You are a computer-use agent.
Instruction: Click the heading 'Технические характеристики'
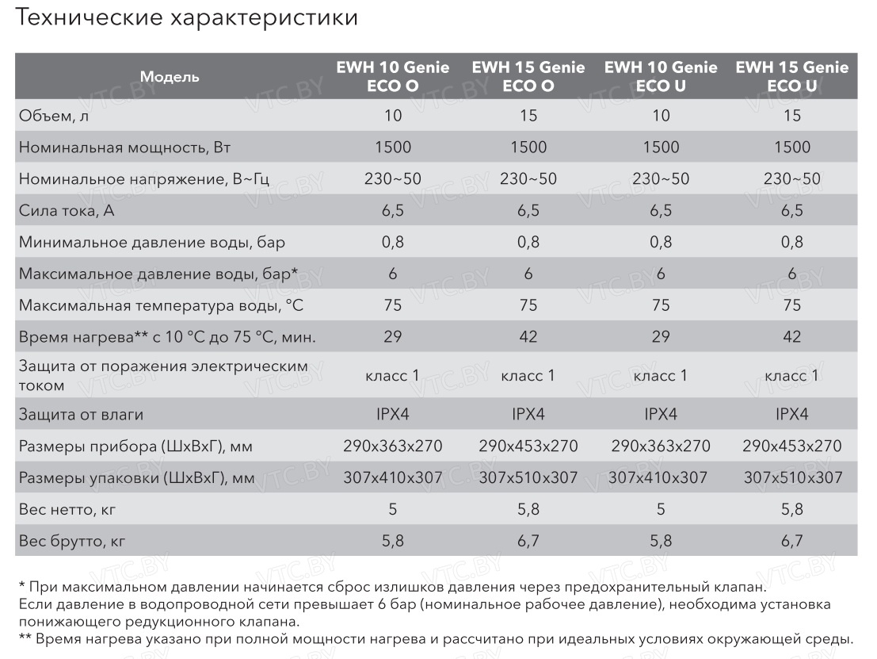187,18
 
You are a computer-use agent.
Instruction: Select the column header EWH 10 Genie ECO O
393,77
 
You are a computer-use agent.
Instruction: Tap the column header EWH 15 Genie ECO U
791,77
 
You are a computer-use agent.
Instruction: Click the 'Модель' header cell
170,77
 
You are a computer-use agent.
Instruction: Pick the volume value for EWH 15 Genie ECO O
528,116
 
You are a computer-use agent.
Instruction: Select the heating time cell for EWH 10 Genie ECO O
393,337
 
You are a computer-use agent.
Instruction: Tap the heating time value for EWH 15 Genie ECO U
791,337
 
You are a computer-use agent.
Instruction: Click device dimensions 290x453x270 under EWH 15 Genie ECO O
528,446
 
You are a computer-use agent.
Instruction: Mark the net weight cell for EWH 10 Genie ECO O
393,509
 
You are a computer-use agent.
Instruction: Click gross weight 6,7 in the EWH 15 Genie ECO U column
791,542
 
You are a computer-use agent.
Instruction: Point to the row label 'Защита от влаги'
81,415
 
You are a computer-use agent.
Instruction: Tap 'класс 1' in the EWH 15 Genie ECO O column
528,376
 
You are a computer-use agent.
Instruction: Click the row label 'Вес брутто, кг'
72,542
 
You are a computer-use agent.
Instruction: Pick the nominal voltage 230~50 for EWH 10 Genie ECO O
393,179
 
